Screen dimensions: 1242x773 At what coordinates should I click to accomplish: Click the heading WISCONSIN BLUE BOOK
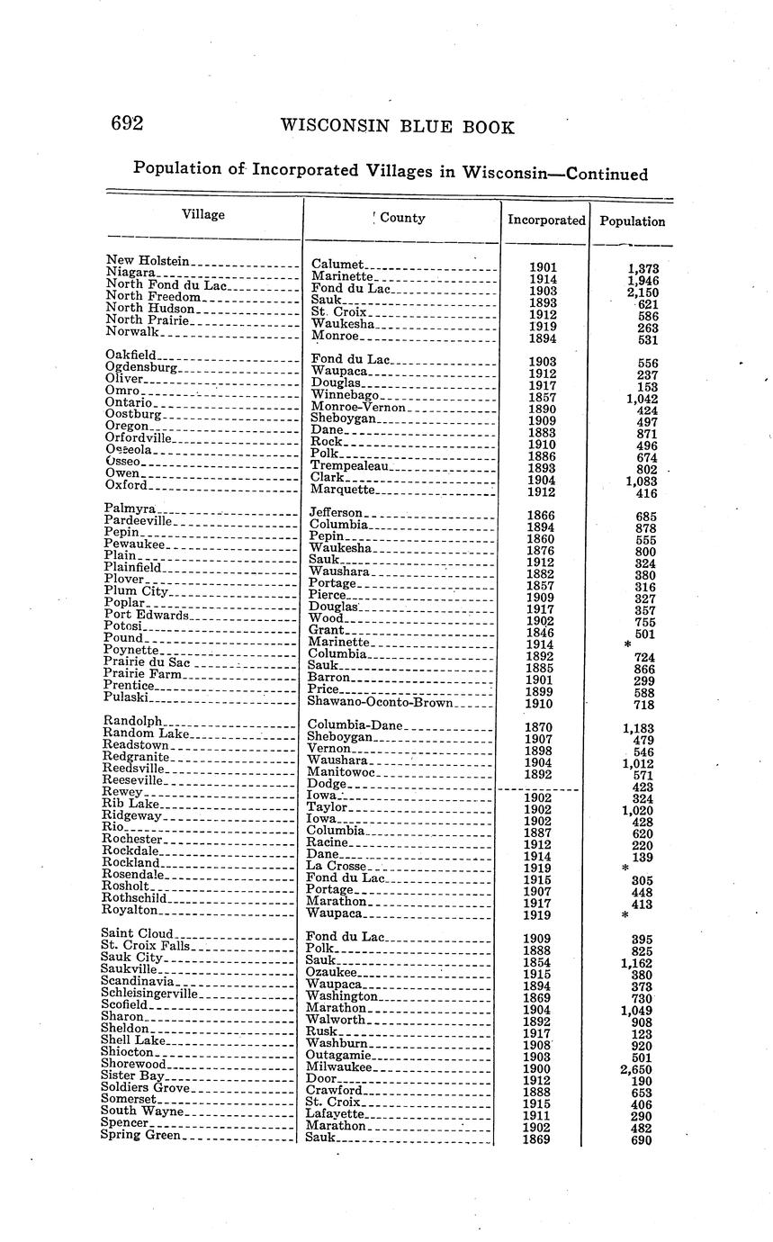click(397, 127)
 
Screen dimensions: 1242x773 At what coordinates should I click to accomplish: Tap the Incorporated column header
click(545, 220)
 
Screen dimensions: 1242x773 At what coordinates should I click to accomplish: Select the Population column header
click(632, 220)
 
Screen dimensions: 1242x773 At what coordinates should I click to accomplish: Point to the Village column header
click(203, 214)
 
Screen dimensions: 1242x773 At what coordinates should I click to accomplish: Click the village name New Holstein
click(147, 261)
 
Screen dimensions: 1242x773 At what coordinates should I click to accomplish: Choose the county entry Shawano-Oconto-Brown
click(381, 702)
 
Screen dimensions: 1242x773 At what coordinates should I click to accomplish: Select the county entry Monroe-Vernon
click(359, 408)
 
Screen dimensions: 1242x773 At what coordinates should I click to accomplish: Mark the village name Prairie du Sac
click(147, 662)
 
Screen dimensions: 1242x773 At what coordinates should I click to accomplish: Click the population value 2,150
click(643, 292)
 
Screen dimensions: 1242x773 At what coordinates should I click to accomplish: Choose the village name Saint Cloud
click(139, 933)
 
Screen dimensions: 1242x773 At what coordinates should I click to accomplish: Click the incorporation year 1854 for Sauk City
click(537, 962)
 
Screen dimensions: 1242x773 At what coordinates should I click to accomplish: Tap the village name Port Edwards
click(147, 615)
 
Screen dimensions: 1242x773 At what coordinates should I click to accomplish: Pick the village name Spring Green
click(141, 1135)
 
